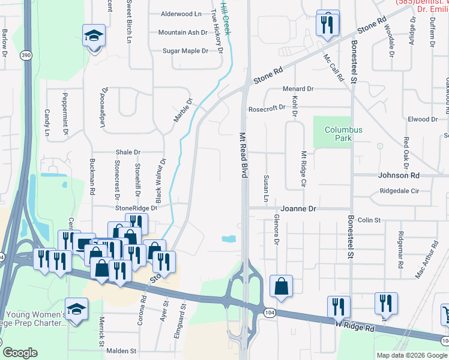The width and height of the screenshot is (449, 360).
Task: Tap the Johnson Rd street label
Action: point(399,175)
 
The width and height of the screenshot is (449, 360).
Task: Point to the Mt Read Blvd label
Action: point(244,155)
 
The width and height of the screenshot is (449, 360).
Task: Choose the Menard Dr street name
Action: point(298,89)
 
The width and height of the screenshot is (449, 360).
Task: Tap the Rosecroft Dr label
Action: point(267,109)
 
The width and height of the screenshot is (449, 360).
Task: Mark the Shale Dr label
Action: point(128,152)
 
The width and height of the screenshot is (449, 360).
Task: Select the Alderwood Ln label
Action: point(181,13)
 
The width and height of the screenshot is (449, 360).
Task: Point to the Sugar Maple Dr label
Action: point(185,51)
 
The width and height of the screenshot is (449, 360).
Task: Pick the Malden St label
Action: point(122,351)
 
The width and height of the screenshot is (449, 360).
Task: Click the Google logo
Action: point(20,353)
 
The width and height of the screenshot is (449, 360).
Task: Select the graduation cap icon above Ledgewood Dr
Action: point(94,36)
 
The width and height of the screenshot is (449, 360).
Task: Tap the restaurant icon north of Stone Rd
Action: point(327,24)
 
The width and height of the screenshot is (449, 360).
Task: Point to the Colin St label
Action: point(369,220)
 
